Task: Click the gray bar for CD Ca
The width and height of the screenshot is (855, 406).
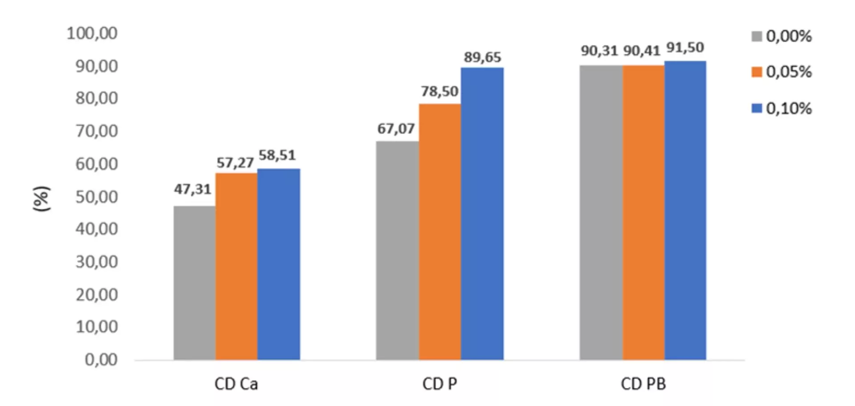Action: point(195,283)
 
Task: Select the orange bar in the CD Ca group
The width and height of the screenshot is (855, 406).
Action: point(236,266)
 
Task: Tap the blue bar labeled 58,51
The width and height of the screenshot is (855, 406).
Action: point(279,264)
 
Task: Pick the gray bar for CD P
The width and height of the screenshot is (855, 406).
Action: point(397,250)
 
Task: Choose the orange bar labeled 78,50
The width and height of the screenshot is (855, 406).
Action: point(440,231)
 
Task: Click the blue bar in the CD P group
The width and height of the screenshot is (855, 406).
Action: point(482,214)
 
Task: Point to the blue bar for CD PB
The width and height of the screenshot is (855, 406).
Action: point(685,210)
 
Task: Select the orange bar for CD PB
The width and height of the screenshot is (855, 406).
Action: point(643,212)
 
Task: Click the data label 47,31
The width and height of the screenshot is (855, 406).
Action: point(192,189)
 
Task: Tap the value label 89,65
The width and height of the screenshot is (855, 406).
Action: point(482,57)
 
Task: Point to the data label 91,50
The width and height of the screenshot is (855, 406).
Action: point(685,48)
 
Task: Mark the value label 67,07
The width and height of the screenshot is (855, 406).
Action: point(396,129)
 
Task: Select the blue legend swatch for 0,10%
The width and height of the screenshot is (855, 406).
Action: point(757,108)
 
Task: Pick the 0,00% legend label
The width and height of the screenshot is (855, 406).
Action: point(789,36)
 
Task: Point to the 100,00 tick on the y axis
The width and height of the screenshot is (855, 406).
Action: point(92,33)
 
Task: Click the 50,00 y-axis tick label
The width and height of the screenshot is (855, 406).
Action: point(97,196)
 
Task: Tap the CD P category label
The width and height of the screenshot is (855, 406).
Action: point(440,384)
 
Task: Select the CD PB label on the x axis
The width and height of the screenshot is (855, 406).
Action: point(643,384)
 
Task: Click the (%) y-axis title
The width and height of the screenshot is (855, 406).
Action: point(42,199)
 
